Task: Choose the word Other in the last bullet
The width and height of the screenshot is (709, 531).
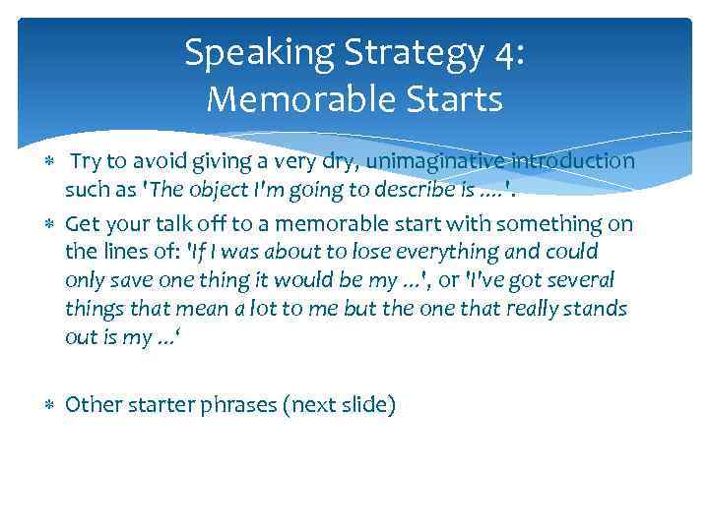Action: (x=92, y=404)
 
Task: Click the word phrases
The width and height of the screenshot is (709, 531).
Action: (x=236, y=405)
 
